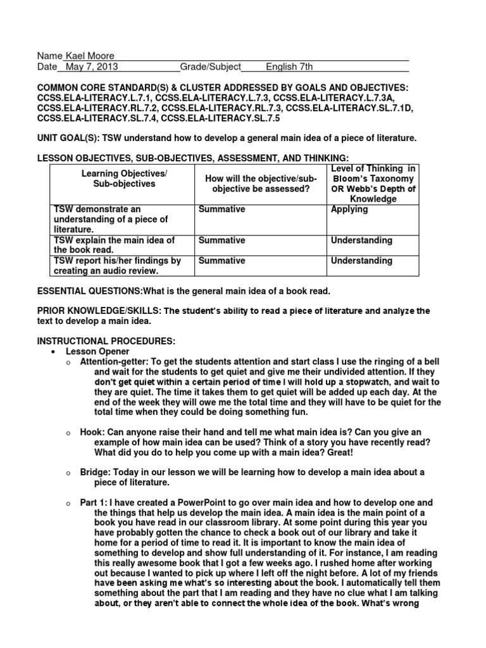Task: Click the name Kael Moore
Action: [90, 56]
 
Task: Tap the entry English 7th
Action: [289, 66]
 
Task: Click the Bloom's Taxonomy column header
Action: [373, 184]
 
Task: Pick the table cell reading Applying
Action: [349, 209]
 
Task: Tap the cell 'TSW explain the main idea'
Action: [115, 245]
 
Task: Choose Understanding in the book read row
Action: [361, 240]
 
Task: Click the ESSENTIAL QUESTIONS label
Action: [89, 290]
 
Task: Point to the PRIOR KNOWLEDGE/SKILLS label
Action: [99, 311]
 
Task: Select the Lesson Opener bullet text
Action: [97, 351]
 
